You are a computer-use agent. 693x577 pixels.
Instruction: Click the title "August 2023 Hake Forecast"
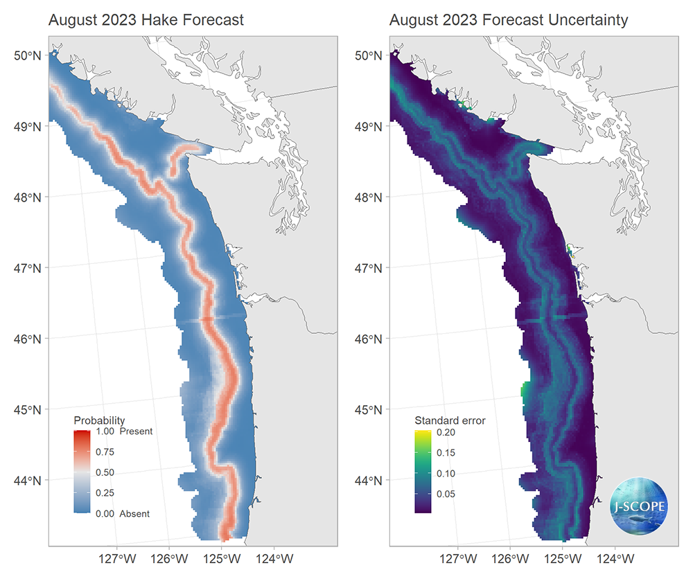pyautogui.click(x=146, y=20)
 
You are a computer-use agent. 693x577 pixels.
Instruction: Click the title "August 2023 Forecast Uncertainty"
pyautogui.click(x=508, y=20)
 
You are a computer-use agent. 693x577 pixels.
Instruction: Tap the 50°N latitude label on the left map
pyautogui.click(x=28, y=55)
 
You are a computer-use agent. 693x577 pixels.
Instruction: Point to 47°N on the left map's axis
pyautogui.click(x=28, y=268)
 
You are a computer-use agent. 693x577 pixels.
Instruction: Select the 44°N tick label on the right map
pyautogui.click(x=369, y=480)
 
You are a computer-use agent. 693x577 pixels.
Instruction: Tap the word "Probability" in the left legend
pyautogui.click(x=99, y=420)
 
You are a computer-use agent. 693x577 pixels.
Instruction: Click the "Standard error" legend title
pyautogui.click(x=450, y=420)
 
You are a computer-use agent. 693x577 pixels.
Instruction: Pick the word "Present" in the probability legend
pyautogui.click(x=136, y=432)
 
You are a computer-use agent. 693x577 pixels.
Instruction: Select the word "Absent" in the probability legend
pyautogui.click(x=134, y=514)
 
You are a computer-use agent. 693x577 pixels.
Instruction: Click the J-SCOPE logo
pyautogui.click(x=639, y=506)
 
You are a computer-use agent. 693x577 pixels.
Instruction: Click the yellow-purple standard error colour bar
pyautogui.click(x=423, y=472)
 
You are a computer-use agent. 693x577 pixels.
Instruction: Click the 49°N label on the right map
pyautogui.click(x=369, y=127)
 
